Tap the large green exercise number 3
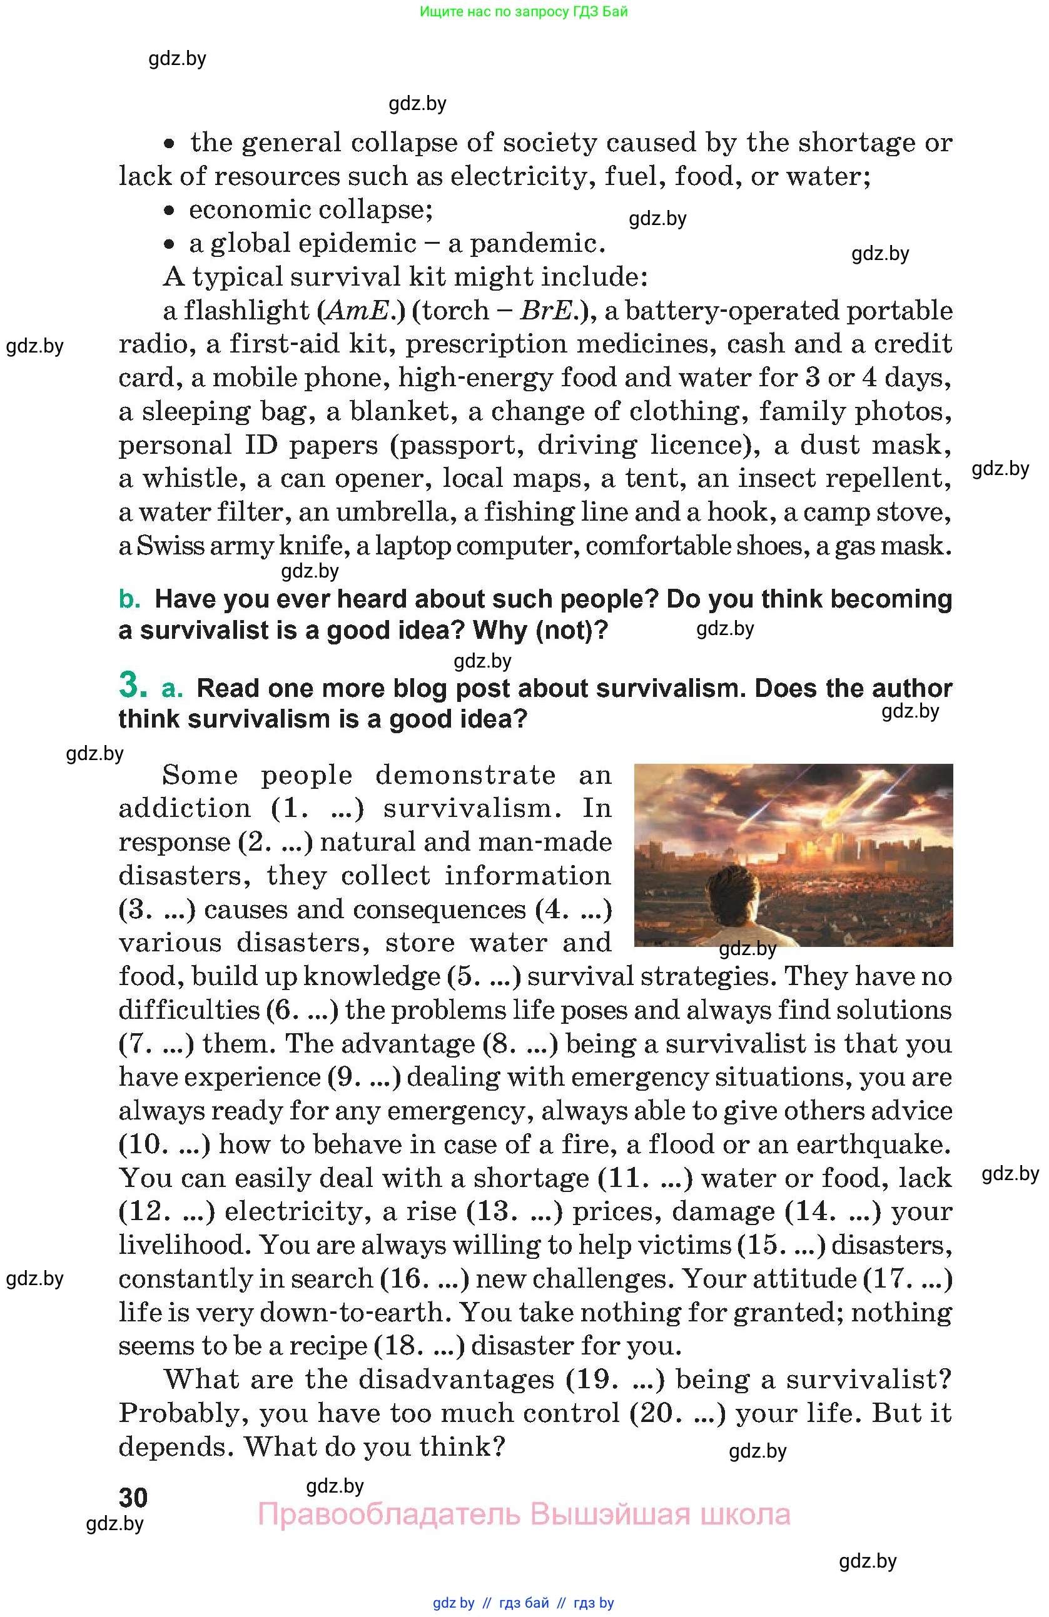(x=133, y=685)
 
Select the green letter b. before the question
(x=129, y=599)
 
